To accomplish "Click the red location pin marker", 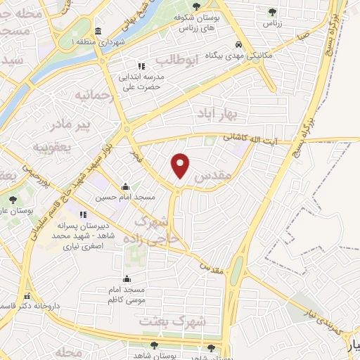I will point(181,165).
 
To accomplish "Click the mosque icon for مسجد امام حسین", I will point(125,187).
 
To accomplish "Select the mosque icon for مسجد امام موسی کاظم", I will point(126,279).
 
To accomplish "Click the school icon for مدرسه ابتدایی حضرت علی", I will point(141,65).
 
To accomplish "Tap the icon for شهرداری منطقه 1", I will point(96,31).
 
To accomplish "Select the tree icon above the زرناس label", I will point(271,11).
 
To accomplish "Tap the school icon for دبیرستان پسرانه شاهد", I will point(84,214).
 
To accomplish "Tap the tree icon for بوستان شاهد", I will point(154,345).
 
